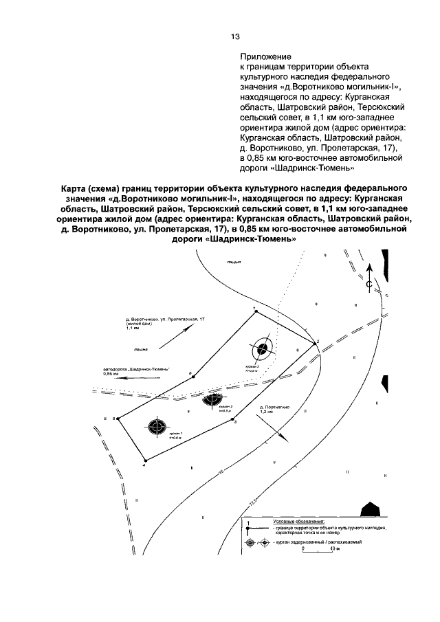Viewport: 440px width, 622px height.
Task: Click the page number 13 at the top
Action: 234,36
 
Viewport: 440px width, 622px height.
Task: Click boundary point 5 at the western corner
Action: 116,418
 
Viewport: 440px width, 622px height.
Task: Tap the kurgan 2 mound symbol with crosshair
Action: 262,349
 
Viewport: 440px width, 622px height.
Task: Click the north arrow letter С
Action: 368,283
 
